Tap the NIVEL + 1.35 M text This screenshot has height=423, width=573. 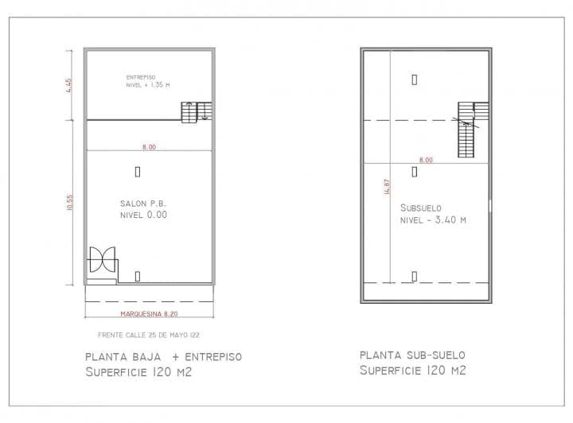[x=147, y=84]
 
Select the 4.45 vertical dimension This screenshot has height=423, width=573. [x=70, y=85]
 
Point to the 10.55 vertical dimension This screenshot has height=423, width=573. [x=70, y=203]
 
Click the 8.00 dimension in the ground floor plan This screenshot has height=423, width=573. [x=149, y=146]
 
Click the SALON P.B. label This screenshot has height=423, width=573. [x=142, y=204]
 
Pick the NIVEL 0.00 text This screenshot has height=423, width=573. [x=143, y=215]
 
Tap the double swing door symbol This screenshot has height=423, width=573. [x=103, y=260]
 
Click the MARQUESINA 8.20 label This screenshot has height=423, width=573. [x=150, y=315]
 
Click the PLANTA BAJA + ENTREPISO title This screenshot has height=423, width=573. [x=163, y=356]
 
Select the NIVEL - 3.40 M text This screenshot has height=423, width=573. [x=433, y=220]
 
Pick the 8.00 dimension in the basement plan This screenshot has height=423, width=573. [x=426, y=160]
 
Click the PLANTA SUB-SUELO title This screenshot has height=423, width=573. [x=411, y=355]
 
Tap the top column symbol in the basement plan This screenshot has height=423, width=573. [x=415, y=79]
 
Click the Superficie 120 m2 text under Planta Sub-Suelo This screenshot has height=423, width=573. [x=411, y=371]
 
